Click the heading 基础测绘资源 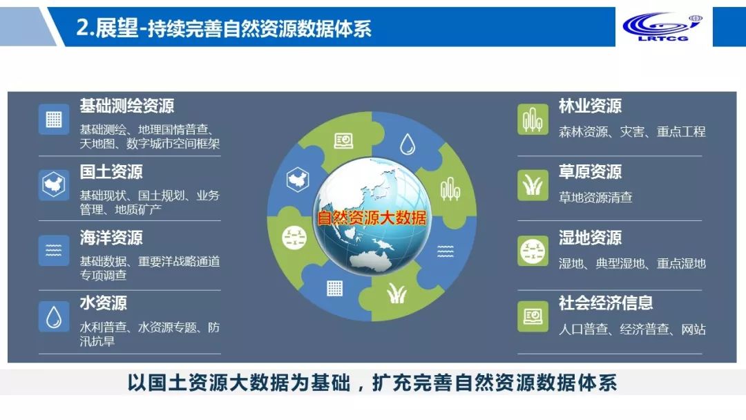point(126,106)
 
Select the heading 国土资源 point(111,172)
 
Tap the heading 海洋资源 point(111,238)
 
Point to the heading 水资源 point(103,303)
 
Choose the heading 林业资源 point(590,106)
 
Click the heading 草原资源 point(590,172)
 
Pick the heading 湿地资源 point(590,238)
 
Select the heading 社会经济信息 point(606,303)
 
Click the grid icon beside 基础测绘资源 point(54,119)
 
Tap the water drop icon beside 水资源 point(54,317)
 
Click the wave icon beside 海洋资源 point(54,251)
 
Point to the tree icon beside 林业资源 point(533,119)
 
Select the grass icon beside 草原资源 point(533,185)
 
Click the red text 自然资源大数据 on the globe point(372,218)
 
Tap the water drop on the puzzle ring point(408,144)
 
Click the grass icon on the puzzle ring point(396,294)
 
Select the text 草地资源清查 point(595,198)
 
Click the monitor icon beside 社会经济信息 point(533,317)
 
